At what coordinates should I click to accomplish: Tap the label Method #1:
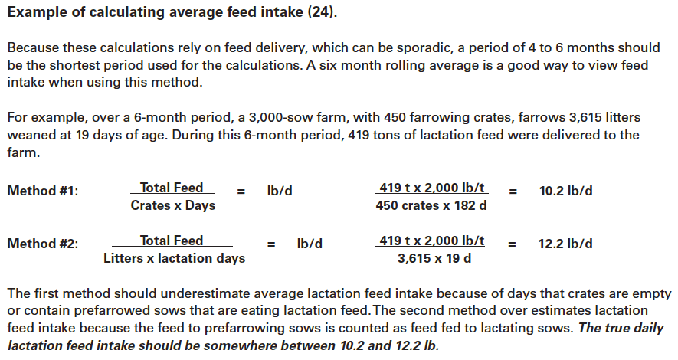42,191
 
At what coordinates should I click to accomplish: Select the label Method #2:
42,244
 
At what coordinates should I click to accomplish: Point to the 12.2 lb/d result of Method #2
565,244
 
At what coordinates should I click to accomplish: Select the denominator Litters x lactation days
175,258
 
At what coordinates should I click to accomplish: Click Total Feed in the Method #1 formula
172,188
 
